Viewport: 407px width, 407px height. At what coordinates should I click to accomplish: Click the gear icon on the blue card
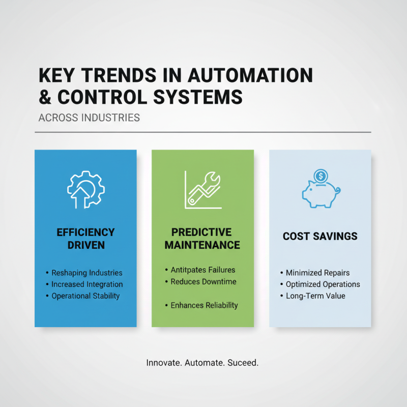[85, 190]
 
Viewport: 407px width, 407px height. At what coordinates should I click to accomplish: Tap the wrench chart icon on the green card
[202, 190]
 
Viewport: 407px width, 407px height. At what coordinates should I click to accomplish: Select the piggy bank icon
[319, 194]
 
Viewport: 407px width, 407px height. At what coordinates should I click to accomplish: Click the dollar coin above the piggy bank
[321, 176]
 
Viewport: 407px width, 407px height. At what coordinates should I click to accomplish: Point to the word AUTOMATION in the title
[250, 76]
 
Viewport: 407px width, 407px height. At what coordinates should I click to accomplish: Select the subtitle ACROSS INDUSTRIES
[89, 118]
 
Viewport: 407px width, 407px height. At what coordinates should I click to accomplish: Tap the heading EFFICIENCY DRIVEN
[85, 239]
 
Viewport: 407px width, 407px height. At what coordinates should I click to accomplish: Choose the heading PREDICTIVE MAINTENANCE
[202, 239]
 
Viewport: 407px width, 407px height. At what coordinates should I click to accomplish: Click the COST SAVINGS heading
[320, 237]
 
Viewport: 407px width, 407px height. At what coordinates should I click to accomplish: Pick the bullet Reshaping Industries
[86, 273]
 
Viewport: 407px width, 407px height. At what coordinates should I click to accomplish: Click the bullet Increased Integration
[87, 284]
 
